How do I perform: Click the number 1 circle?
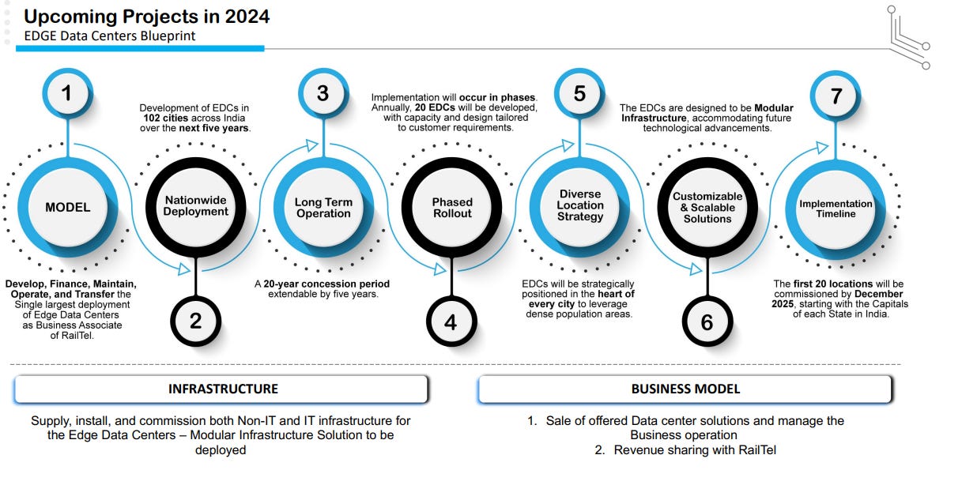click(66, 93)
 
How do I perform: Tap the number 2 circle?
click(195, 321)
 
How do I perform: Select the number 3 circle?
click(323, 93)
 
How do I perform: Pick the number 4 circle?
click(451, 321)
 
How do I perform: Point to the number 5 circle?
click(579, 93)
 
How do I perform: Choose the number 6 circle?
click(707, 321)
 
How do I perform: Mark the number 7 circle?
click(836, 95)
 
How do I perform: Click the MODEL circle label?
click(67, 208)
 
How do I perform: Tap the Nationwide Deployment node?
click(196, 206)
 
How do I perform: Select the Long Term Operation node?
click(323, 208)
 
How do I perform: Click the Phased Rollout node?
click(451, 208)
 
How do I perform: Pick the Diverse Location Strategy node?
click(579, 205)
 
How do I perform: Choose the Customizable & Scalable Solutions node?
click(707, 208)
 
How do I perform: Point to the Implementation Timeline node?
click(836, 208)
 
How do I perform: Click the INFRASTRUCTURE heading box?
click(222, 389)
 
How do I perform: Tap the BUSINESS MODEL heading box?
click(685, 389)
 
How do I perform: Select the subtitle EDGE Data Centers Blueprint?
click(109, 36)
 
